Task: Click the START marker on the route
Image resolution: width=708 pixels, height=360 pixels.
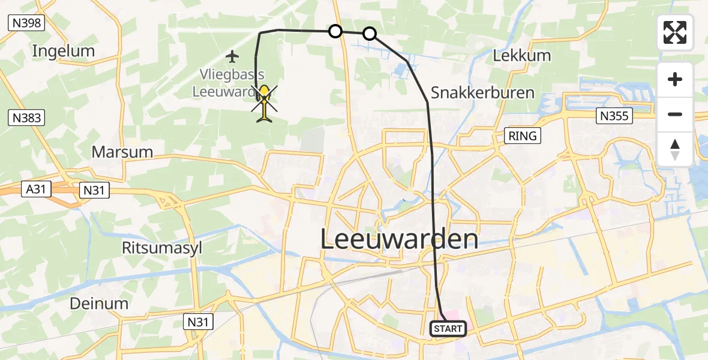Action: [x=448, y=329]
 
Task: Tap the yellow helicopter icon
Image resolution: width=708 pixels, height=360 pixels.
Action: [x=265, y=103]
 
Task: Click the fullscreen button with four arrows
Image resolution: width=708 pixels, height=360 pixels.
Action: [x=675, y=32]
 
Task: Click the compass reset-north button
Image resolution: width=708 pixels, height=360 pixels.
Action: [x=675, y=149]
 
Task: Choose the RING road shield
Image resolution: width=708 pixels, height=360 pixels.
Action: [x=522, y=136]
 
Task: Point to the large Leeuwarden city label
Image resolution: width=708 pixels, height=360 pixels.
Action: [x=400, y=240]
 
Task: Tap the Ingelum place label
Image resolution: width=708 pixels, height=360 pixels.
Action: [x=64, y=51]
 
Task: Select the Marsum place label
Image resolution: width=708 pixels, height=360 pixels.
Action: [x=122, y=152]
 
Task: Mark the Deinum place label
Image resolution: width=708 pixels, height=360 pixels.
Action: [x=99, y=304]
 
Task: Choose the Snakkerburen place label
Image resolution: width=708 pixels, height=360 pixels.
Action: [x=482, y=93]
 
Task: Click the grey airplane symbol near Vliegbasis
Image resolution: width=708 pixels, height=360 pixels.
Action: [x=232, y=57]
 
